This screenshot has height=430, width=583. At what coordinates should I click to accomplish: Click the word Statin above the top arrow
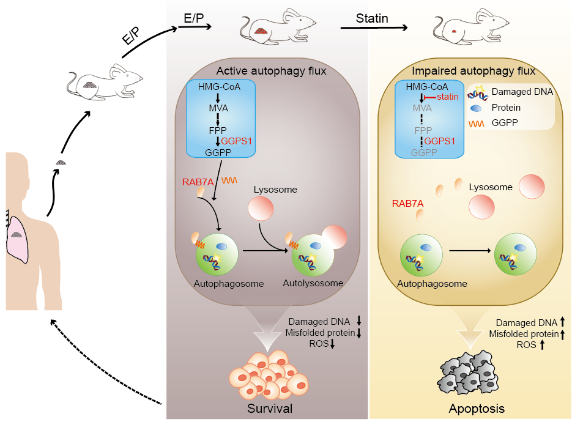(372, 18)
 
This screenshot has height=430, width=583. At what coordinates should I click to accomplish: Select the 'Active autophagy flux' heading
(271, 71)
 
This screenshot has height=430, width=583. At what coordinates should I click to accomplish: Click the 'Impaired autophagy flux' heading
(473, 70)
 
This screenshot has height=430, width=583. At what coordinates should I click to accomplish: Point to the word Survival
(270, 408)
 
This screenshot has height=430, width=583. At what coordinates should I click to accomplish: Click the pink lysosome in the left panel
(260, 209)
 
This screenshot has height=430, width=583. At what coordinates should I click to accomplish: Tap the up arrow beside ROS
(541, 345)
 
